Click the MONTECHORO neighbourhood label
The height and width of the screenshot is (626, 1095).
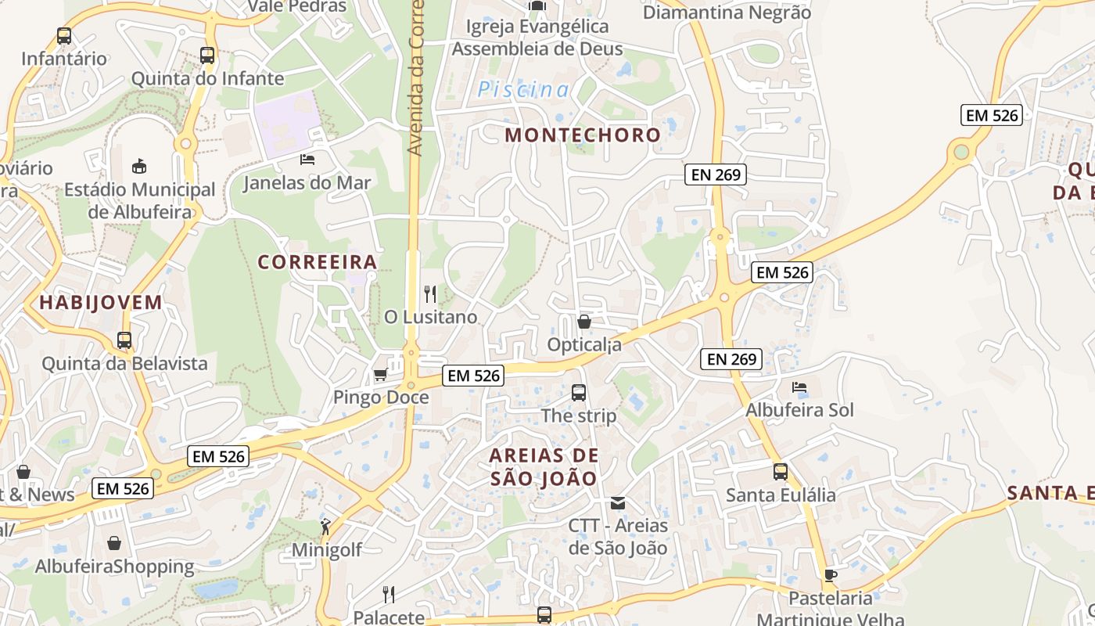click(x=583, y=135)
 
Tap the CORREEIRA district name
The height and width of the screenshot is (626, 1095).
click(x=318, y=262)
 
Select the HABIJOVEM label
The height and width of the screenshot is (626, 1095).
click(x=101, y=303)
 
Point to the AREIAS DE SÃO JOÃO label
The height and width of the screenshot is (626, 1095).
click(x=544, y=466)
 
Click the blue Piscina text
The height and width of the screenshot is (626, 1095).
click(x=524, y=90)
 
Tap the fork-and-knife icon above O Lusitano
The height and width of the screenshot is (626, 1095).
click(x=430, y=294)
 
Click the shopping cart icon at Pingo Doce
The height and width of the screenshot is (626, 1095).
click(x=380, y=375)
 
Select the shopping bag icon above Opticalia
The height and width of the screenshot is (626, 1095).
click(x=583, y=322)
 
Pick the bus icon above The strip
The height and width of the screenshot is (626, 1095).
click(x=579, y=393)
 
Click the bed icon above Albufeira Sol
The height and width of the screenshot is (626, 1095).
click(x=799, y=387)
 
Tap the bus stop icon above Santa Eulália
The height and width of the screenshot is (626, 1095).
click(x=780, y=472)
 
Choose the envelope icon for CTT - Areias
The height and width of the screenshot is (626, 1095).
click(x=618, y=502)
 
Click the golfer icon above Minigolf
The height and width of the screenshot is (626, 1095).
click(x=326, y=527)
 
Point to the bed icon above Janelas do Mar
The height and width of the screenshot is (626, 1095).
click(x=307, y=160)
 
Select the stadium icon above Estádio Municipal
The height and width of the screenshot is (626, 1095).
click(x=140, y=166)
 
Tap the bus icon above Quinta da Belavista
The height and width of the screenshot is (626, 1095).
click(x=124, y=340)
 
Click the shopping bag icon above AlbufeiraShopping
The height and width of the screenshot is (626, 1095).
click(x=114, y=543)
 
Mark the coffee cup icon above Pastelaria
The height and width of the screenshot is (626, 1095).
click(x=830, y=576)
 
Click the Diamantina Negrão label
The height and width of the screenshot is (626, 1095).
click(x=727, y=13)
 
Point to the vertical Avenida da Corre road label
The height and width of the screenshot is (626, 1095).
click(x=415, y=78)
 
